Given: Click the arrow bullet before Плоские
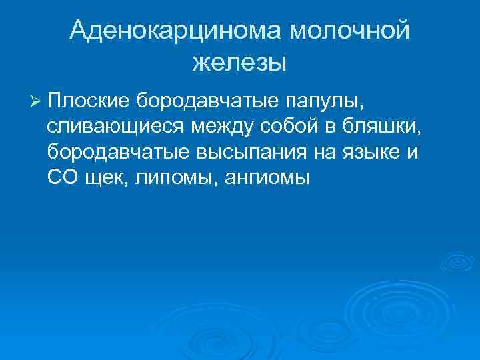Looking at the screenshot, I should [36, 101].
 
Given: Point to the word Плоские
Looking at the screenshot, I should [88, 101].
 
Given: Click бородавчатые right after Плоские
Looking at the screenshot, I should [207, 101].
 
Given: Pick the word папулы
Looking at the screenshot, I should [326, 102].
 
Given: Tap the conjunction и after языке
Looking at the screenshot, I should [415, 153].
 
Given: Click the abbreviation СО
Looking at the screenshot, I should [62, 177].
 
